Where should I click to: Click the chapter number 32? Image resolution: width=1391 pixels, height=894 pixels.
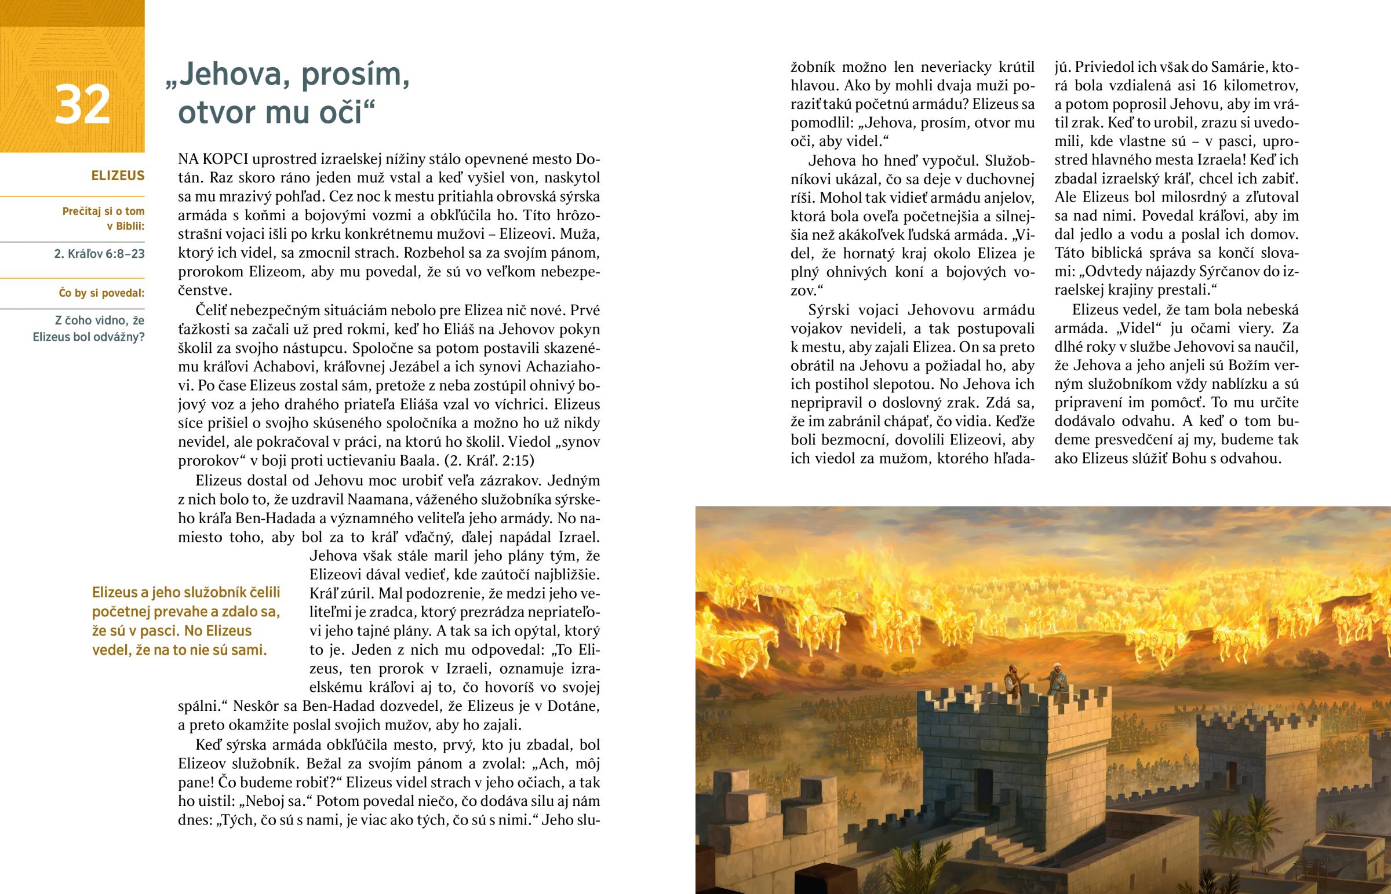(x=82, y=104)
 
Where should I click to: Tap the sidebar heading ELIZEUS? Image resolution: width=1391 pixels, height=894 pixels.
(x=118, y=176)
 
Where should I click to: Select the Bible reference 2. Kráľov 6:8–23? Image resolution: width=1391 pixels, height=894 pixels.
(x=99, y=254)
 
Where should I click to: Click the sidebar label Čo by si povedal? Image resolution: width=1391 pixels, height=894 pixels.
(x=101, y=293)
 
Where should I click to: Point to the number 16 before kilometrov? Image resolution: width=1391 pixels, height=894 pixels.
(x=1209, y=86)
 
